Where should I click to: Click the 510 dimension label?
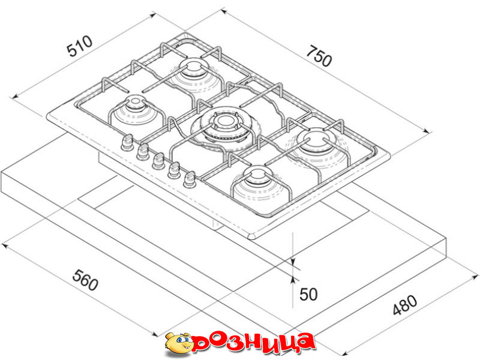(80, 46)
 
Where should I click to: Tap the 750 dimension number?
(319, 56)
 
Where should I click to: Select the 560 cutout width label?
(85, 280)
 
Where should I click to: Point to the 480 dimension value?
(404, 305)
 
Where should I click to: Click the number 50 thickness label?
(308, 294)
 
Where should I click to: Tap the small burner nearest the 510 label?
(135, 107)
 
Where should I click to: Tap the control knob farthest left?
(127, 143)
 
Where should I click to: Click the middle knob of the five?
(158, 161)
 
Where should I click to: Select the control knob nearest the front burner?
(190, 179)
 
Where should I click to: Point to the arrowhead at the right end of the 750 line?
(427, 131)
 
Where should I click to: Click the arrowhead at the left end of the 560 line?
(5, 246)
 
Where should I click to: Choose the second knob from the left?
(143, 152)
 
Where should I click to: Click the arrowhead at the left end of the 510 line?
(14, 97)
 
